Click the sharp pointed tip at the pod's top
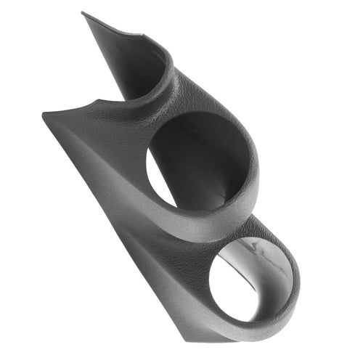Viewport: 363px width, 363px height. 83,13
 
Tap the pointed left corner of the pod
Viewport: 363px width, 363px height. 44,113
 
